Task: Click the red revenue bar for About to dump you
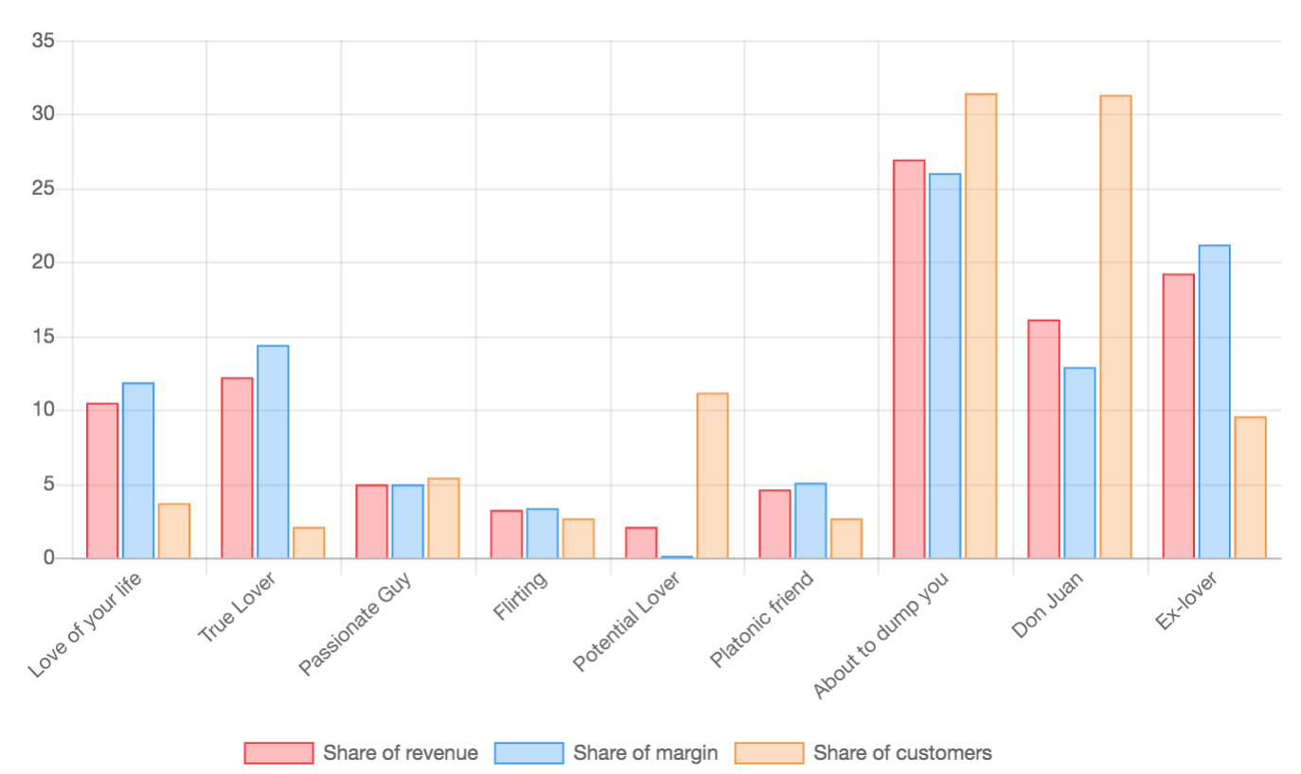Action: point(909,360)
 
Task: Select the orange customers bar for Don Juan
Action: point(1115,327)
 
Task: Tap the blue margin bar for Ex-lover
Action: point(1214,402)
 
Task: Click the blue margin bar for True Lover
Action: point(273,452)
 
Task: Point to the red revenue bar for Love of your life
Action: point(102,481)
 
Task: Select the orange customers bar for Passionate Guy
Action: point(443,519)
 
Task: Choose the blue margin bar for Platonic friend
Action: point(811,520)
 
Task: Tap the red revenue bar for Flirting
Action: point(507,535)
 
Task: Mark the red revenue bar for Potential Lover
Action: point(641,543)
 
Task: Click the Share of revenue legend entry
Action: point(361,753)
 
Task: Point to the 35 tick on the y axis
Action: point(43,41)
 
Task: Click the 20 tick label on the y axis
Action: point(43,262)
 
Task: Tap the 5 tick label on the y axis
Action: point(47,484)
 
